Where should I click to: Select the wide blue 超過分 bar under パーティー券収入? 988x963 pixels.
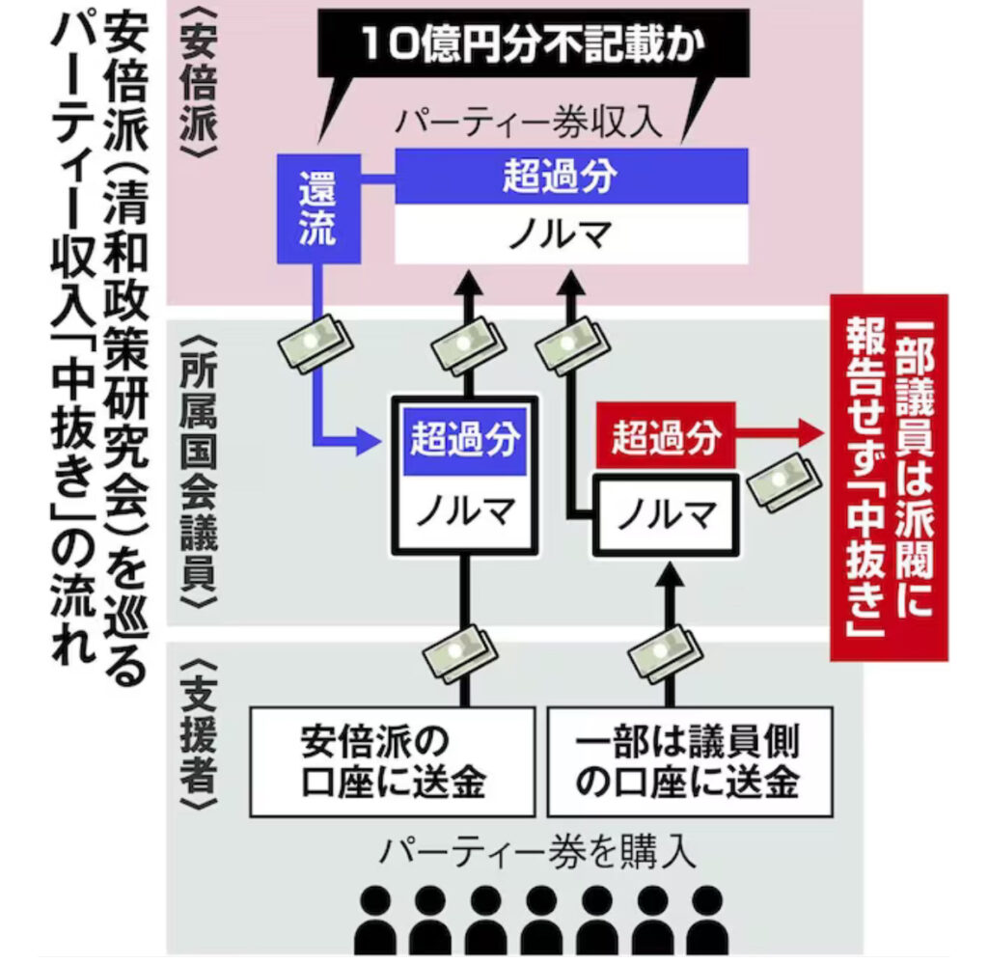(x=571, y=176)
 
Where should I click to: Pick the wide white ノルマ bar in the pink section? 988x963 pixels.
(x=571, y=234)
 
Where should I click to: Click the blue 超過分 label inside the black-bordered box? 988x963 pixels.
(x=465, y=441)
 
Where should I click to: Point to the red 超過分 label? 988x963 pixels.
(x=666, y=440)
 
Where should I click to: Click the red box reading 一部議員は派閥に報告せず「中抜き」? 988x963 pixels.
(x=889, y=478)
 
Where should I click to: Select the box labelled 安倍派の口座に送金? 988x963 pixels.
(x=392, y=761)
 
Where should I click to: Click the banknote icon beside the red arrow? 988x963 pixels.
(x=783, y=478)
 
